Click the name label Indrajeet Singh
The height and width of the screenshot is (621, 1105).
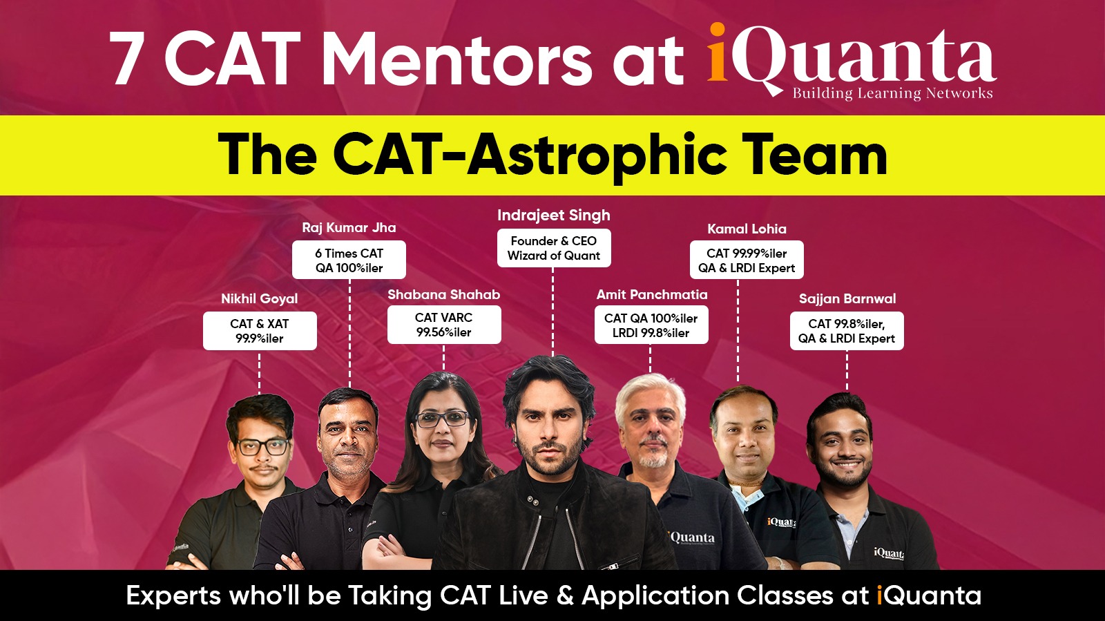553,215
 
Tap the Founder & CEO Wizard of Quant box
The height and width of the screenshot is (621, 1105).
553,248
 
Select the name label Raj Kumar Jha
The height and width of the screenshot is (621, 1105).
349,227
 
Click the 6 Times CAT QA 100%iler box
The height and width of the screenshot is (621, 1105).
349,260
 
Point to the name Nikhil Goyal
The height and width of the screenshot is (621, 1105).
260,298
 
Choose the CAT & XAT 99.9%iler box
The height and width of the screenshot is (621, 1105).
260,331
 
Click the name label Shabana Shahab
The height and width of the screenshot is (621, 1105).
443,294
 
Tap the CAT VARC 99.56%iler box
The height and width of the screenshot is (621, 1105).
444,325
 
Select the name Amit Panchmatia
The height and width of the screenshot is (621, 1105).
652,294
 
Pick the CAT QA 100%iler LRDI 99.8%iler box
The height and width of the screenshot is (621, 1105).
651,325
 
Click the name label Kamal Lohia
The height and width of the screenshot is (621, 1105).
747,229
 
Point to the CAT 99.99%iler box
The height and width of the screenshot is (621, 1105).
747,260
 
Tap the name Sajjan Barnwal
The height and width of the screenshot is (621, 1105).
847,298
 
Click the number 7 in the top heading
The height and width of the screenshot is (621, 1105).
124,58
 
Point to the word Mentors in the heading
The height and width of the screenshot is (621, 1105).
459,59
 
